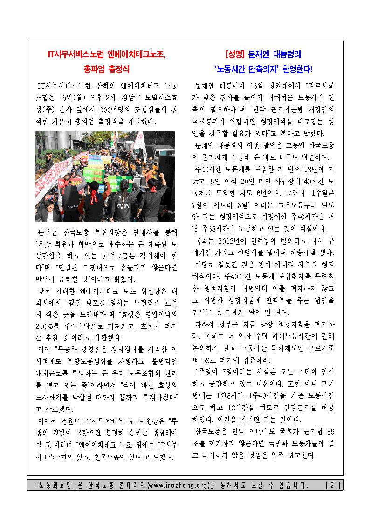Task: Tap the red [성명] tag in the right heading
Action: [x=234, y=54]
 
